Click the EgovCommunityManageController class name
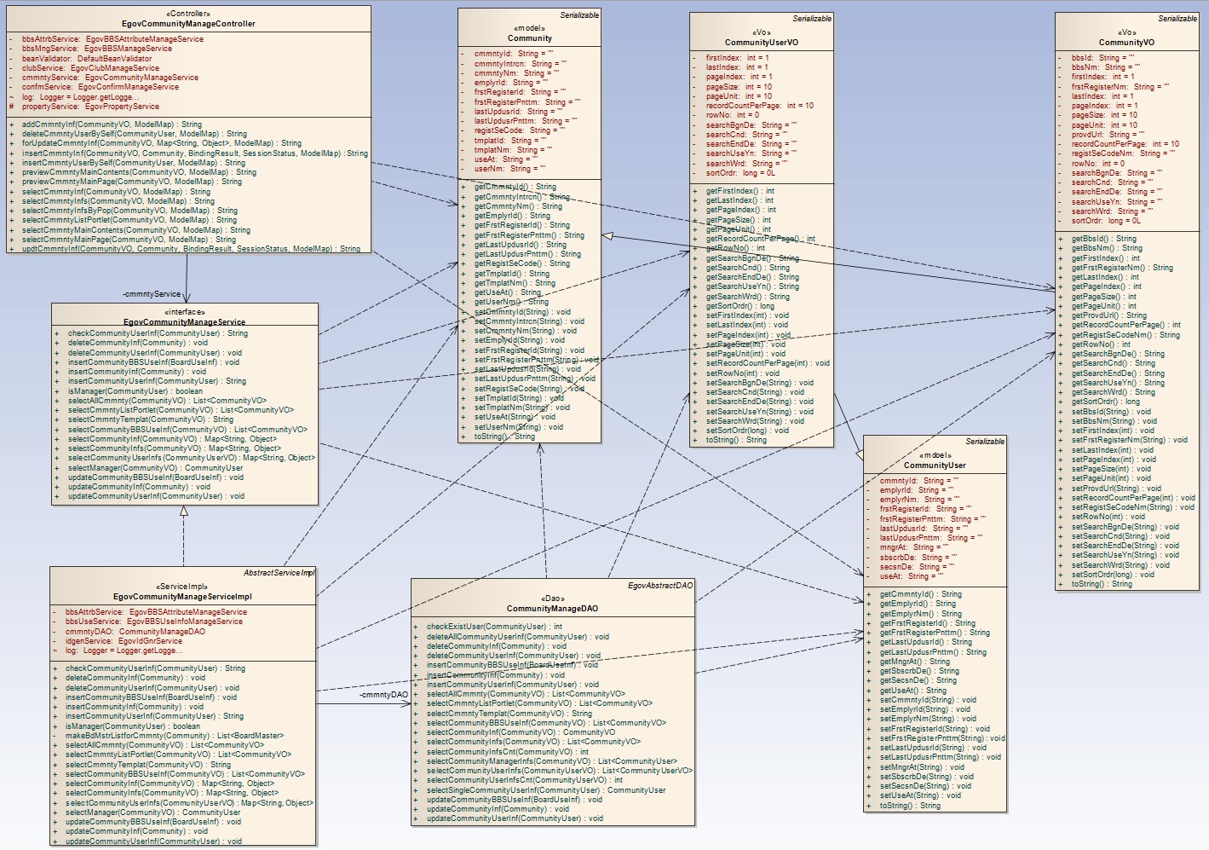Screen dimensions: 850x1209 pyautogui.click(x=188, y=24)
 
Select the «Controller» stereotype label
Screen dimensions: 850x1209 pyautogui.click(x=188, y=14)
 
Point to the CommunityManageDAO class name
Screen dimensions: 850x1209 pyautogui.click(x=552, y=609)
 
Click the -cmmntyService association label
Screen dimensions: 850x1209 pyautogui.click(x=152, y=294)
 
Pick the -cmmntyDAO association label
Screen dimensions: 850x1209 pyautogui.click(x=383, y=695)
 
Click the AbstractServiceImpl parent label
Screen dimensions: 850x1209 pyautogui.click(x=279, y=573)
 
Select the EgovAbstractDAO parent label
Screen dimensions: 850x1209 pyautogui.click(x=660, y=586)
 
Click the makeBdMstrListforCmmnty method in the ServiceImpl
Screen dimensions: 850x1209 pyautogui.click(x=175, y=736)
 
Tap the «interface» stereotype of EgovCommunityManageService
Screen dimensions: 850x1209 pyautogui.click(x=184, y=312)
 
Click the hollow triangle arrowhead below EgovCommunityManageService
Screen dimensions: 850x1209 pyautogui.click(x=183, y=512)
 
